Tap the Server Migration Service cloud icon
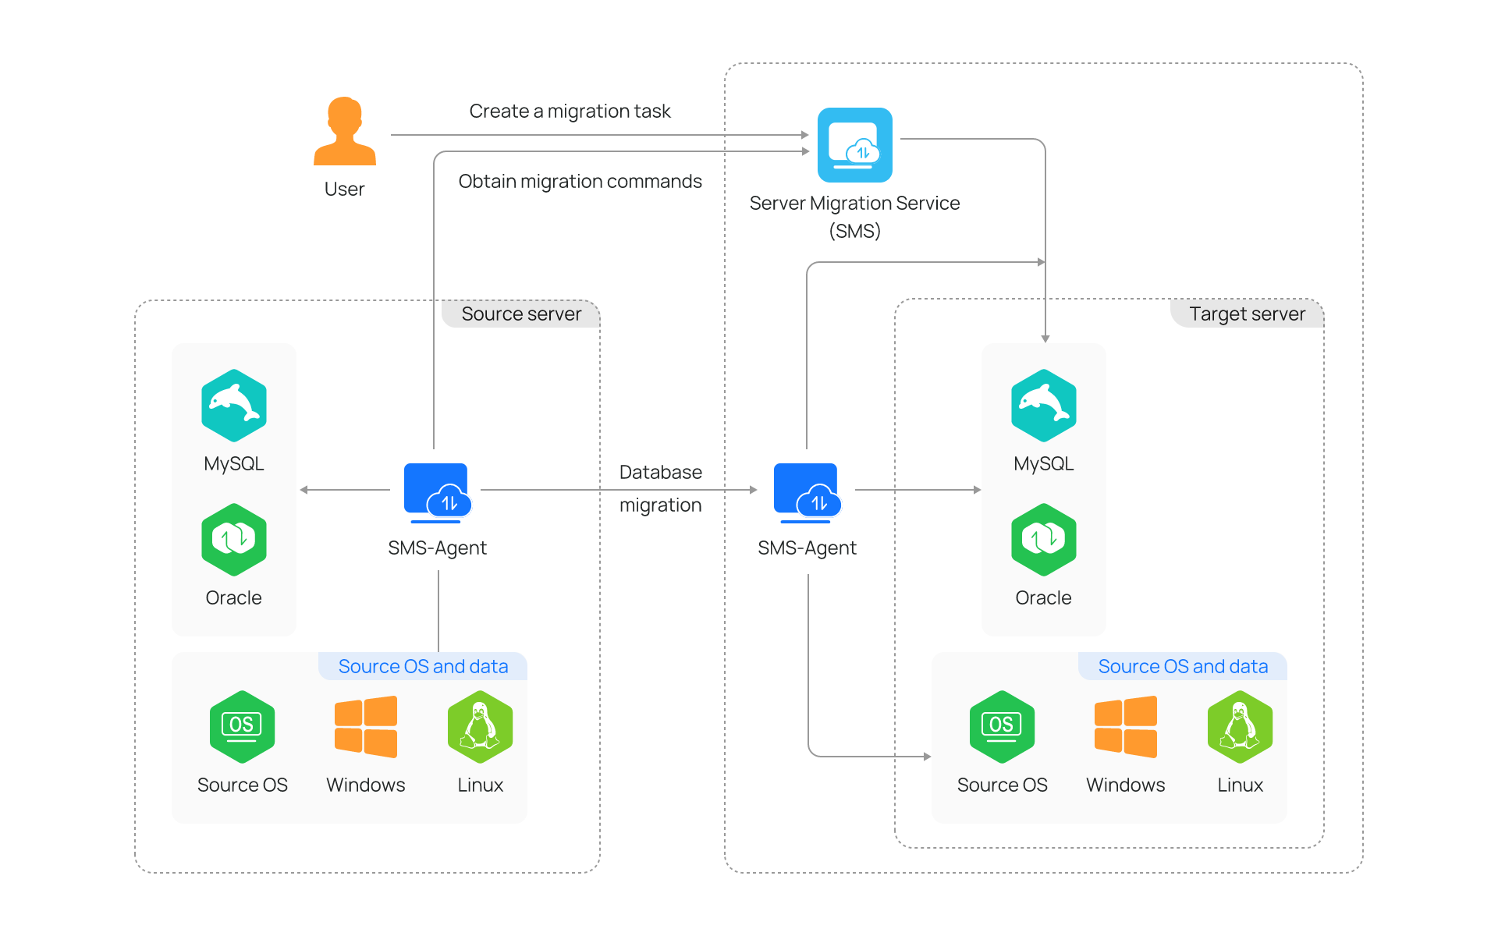tap(854, 145)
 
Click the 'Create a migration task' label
tap(570, 112)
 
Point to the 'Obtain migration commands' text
tap(580, 182)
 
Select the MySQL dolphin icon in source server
tap(233, 406)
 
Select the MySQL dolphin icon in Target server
tap(1043, 406)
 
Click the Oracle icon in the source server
tap(233, 540)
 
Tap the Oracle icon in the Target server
tap(1043, 540)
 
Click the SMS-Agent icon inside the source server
tap(437, 491)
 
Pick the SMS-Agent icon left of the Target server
tap(807, 491)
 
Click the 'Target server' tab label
tap(1246, 314)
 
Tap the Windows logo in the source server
tap(365, 727)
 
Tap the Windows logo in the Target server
tap(1125, 727)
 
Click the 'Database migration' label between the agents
tap(660, 488)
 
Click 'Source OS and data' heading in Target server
tap(1183, 667)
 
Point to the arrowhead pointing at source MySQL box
tap(304, 490)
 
